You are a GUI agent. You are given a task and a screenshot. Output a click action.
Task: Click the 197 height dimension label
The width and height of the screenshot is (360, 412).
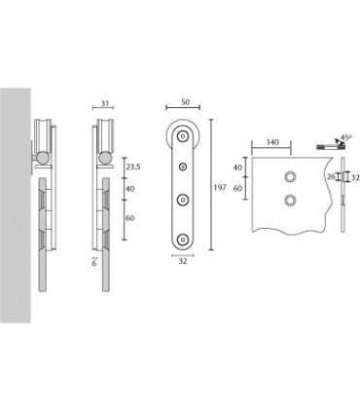220,187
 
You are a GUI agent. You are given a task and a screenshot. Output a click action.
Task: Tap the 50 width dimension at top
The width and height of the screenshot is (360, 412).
185,102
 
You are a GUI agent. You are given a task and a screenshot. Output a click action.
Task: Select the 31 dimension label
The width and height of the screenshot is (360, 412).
104,103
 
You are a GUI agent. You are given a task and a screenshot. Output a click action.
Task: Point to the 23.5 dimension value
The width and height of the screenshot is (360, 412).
133,168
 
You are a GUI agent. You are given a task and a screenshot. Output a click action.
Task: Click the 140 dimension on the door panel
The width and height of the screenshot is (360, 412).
272,142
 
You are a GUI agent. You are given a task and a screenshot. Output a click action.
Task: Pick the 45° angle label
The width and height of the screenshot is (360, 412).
345,137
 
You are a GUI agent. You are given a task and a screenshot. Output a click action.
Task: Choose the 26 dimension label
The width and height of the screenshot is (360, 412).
332,177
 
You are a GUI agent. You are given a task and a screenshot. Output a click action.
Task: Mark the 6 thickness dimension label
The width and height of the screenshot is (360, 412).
94,263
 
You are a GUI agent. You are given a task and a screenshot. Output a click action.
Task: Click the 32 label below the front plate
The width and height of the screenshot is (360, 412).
183,261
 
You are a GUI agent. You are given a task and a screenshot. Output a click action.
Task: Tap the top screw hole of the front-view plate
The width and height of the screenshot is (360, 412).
183,136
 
